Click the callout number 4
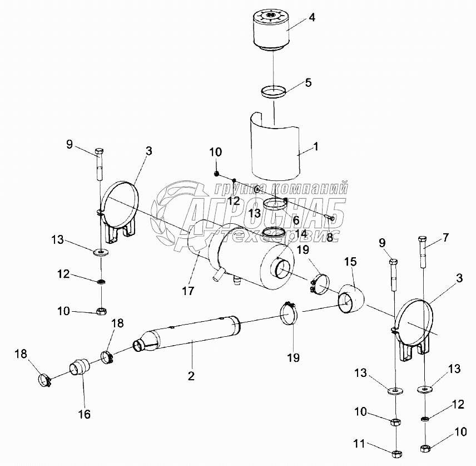[x=312, y=17]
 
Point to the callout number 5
[x=308, y=82]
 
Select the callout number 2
[x=191, y=376]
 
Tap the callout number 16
[x=85, y=414]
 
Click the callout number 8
[x=329, y=236]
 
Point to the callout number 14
[x=301, y=233]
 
